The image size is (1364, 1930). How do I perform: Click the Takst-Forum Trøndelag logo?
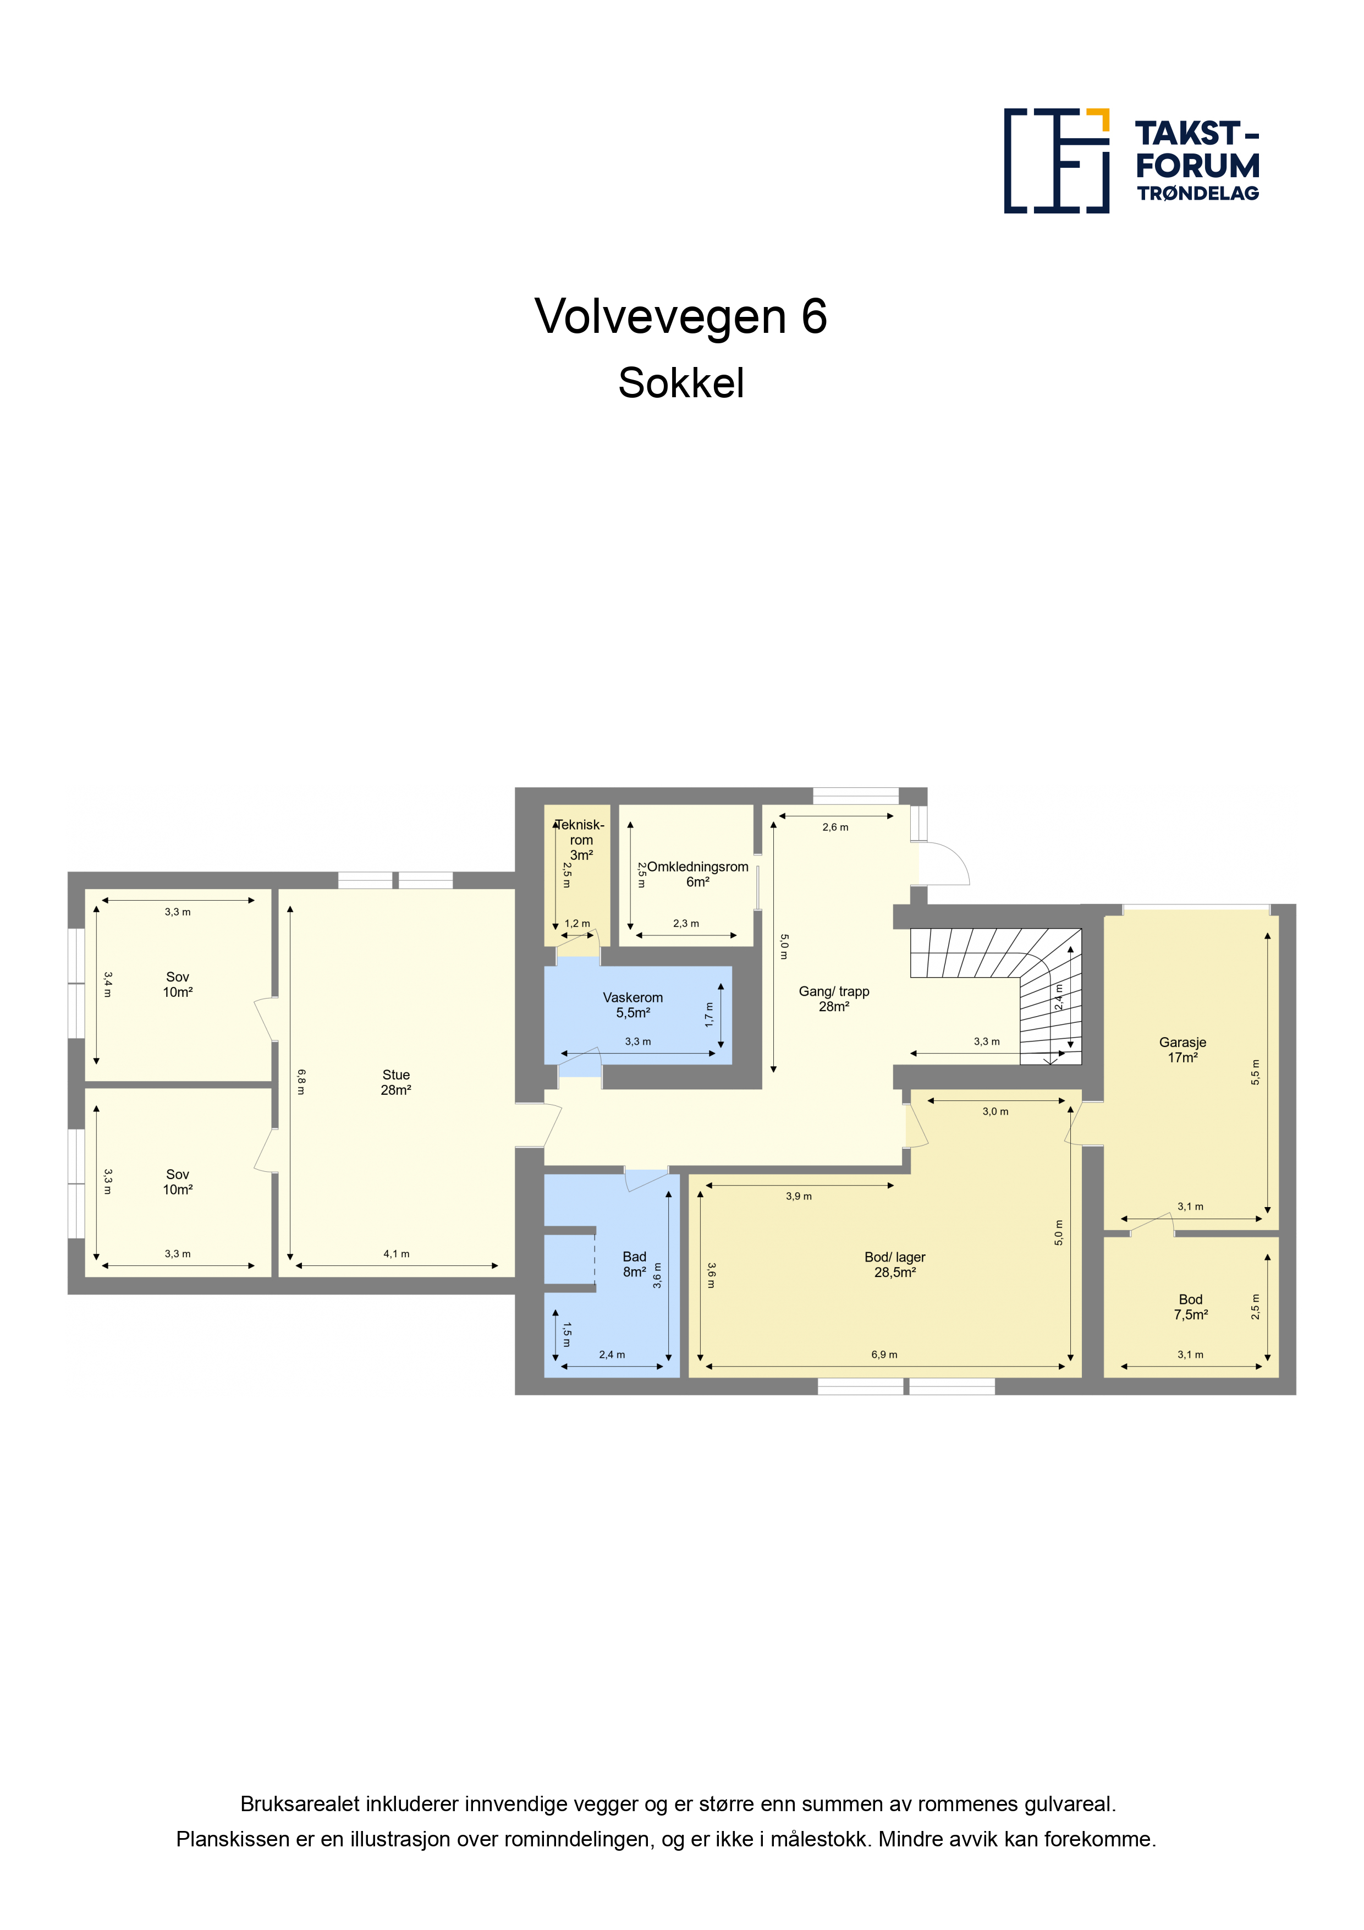pos(1131,161)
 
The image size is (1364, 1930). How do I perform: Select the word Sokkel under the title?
pos(681,383)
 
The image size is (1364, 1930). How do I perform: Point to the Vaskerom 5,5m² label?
pos(633,1005)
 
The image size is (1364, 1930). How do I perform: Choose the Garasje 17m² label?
pos(1182,1050)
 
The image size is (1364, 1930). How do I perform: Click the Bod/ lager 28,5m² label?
pos(895,1264)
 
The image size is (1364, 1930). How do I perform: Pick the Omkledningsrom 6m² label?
pos(697,874)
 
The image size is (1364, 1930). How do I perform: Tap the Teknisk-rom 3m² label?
pos(581,840)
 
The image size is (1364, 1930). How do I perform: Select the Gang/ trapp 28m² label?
pos(834,999)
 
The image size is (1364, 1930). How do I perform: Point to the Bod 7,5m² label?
pos(1191,1307)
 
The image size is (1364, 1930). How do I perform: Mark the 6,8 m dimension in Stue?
pos(301,1082)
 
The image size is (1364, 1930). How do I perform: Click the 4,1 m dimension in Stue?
pos(397,1254)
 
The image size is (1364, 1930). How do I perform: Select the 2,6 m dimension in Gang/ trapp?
pos(835,827)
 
